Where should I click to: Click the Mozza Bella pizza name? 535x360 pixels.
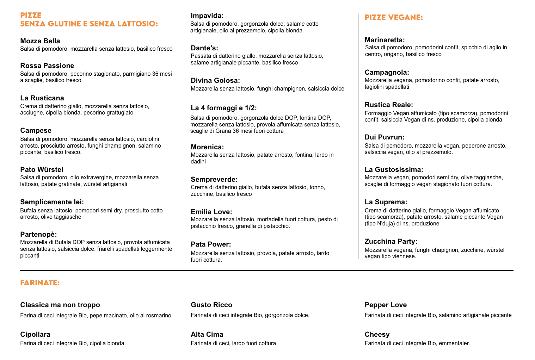coord(40,41)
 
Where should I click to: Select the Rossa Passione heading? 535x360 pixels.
coord(47,66)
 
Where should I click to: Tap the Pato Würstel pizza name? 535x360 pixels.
coord(42,169)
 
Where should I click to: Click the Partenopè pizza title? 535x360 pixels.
coord(38,234)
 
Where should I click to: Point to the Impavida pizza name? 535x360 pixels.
coord(207,15)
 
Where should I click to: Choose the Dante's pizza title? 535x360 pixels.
coord(204,48)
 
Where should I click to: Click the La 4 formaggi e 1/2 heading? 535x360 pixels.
coord(224,108)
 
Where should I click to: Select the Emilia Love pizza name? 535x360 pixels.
coord(211,212)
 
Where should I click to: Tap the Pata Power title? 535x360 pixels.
coord(211,244)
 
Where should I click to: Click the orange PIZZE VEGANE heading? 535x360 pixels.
coord(394,18)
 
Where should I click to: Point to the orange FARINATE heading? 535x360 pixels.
coord(40,283)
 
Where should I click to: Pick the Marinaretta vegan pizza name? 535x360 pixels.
coord(385,40)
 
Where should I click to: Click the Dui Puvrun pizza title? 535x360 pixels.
coord(385,137)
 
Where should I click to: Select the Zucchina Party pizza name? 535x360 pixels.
coord(391,241)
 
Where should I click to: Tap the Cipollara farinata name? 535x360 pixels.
coord(35,334)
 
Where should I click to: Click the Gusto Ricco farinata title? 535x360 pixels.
coord(211,305)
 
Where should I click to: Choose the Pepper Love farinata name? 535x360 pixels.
coord(386,305)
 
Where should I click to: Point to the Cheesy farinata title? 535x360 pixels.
coord(377,334)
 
